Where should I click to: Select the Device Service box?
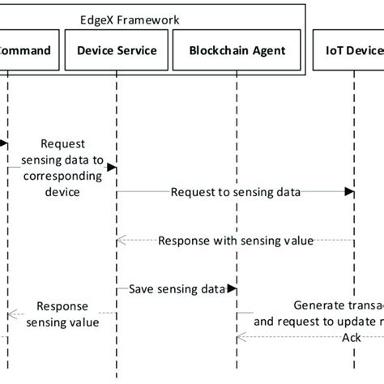(x=117, y=50)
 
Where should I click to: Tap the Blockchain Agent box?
(x=237, y=50)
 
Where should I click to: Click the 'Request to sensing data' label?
(x=236, y=192)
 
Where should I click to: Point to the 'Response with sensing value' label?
(x=236, y=240)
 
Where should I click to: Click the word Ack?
(x=351, y=338)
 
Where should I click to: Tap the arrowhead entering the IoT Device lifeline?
(x=349, y=192)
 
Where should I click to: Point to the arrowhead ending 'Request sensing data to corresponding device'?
(x=112, y=167)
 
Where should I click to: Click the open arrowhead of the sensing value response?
(x=120, y=240)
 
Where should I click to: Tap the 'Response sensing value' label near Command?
(x=62, y=314)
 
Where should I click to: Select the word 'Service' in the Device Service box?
(x=137, y=50)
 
